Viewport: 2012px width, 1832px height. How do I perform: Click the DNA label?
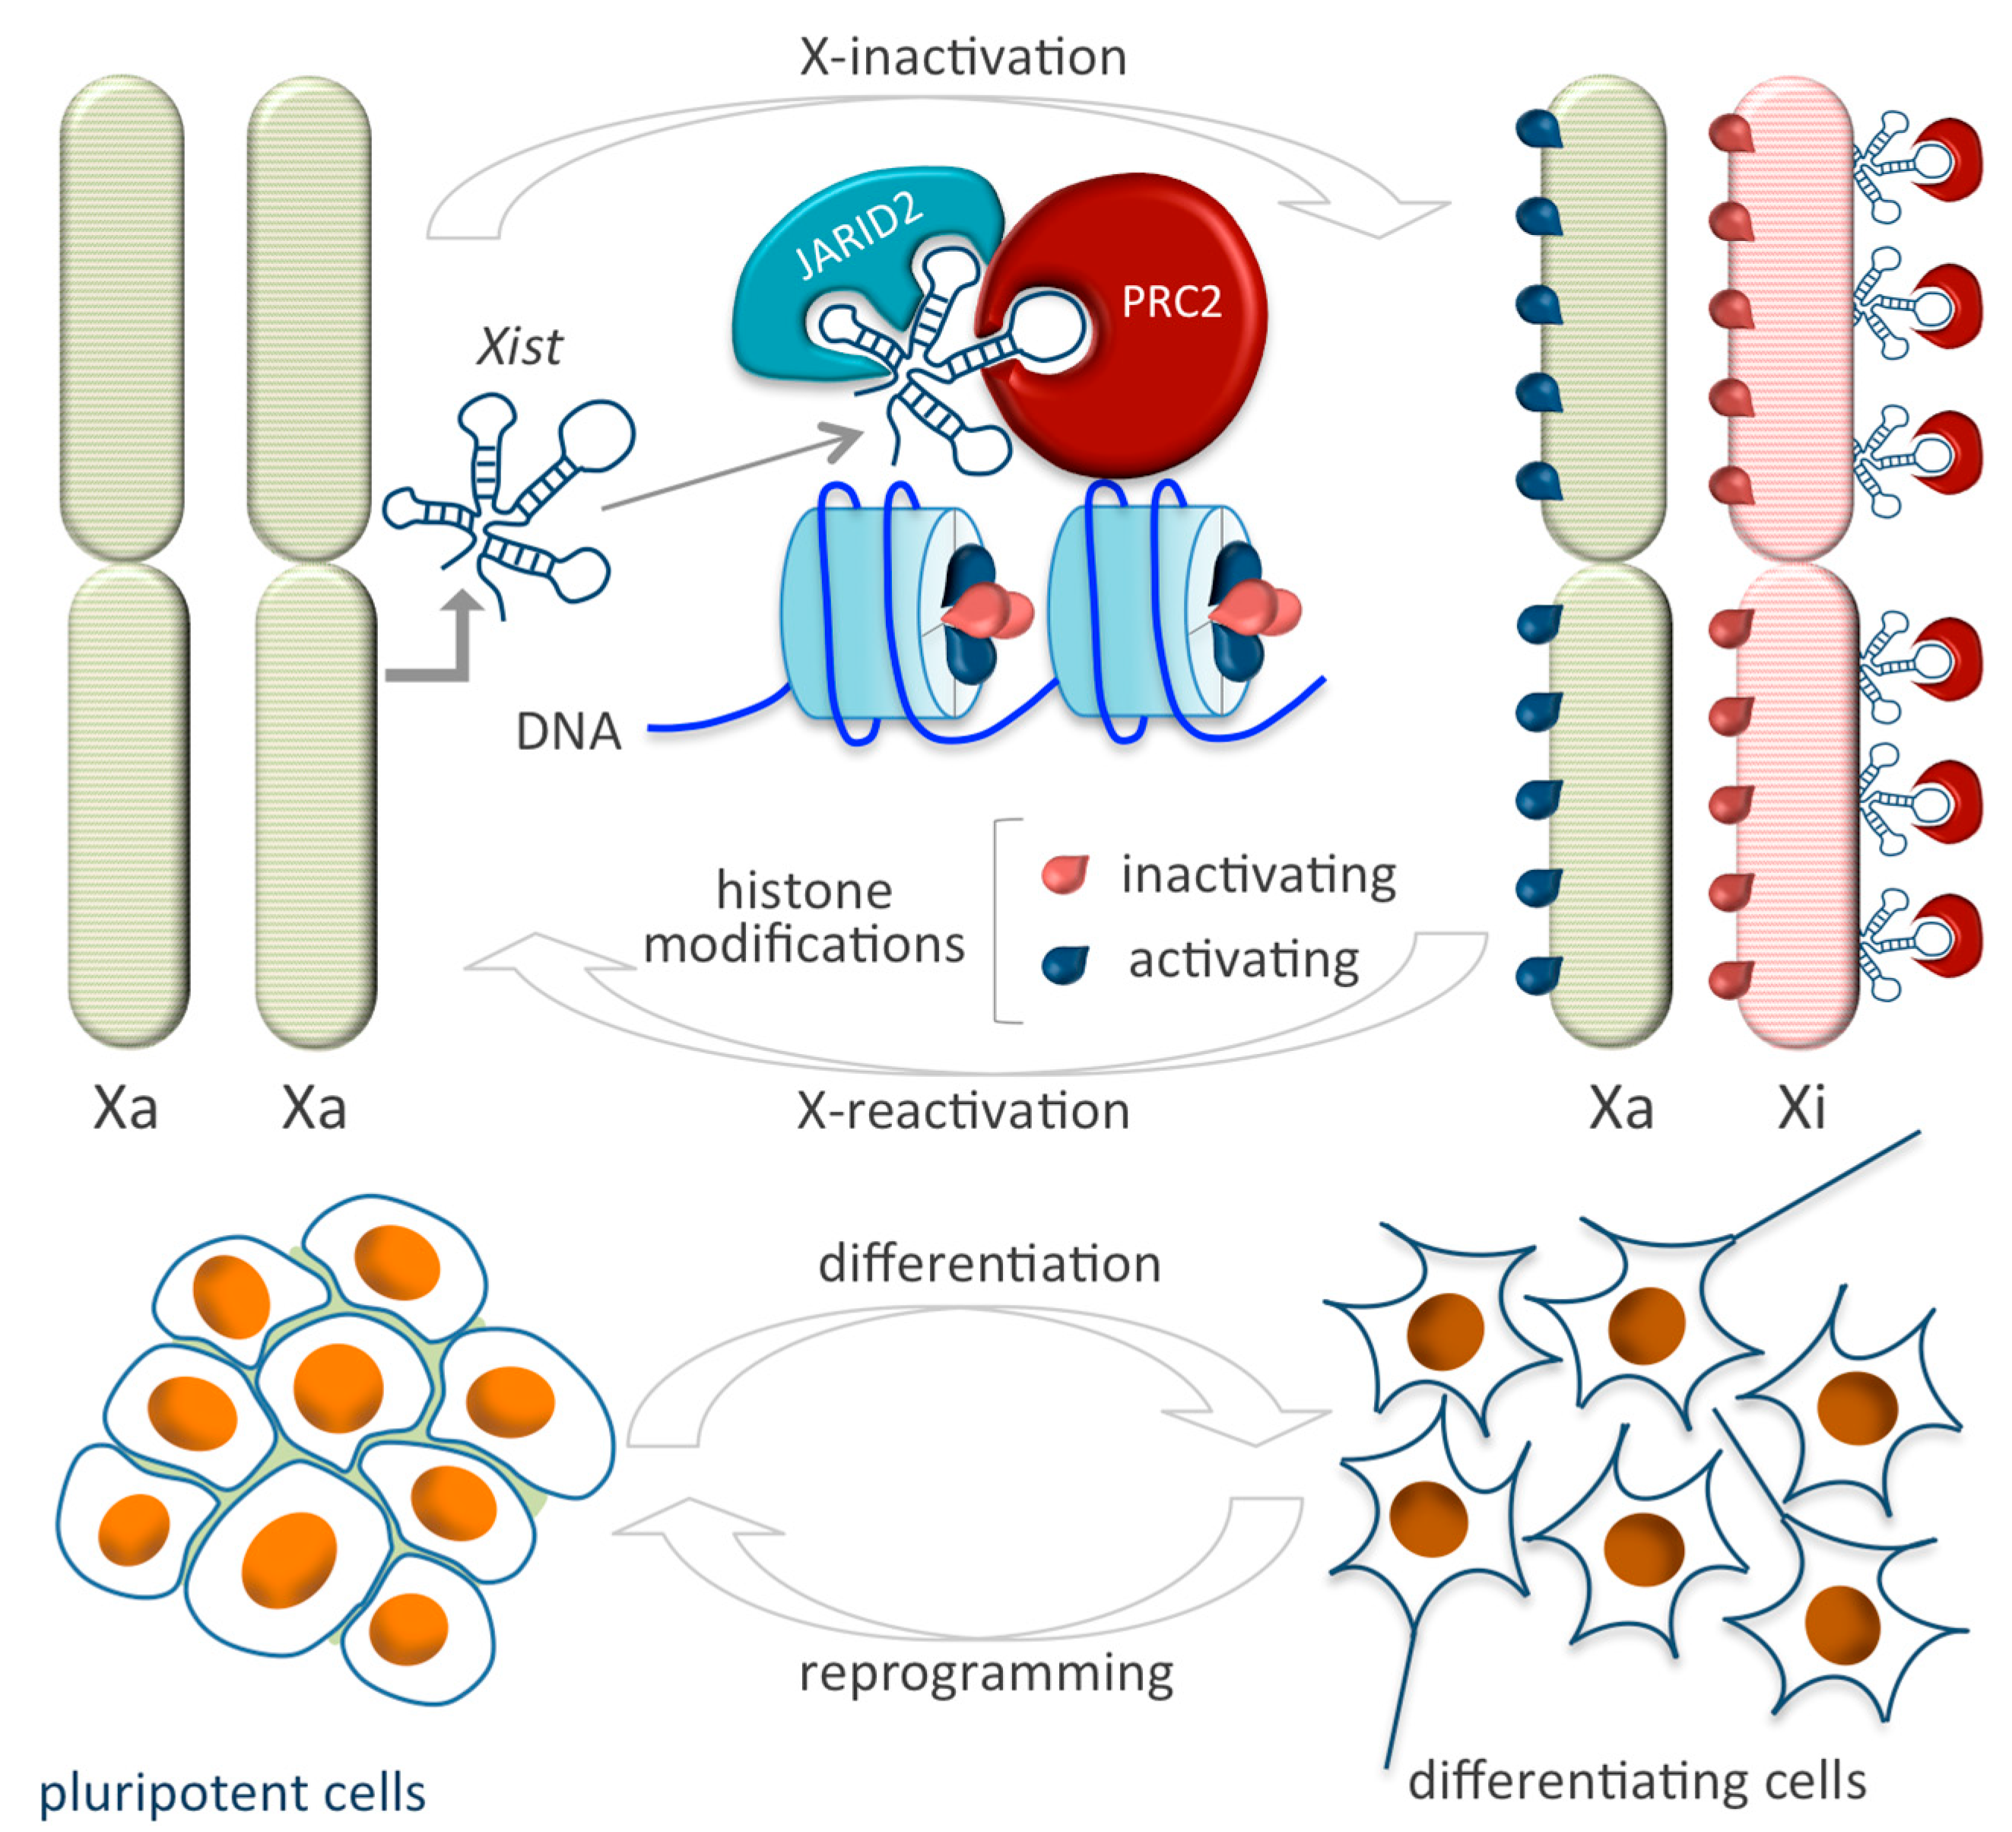568,731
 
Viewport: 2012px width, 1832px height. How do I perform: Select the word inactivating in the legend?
1258,875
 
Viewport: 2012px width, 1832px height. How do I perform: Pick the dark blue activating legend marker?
1065,964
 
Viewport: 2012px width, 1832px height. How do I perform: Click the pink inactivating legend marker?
1064,875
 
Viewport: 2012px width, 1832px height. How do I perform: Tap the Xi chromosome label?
1801,1107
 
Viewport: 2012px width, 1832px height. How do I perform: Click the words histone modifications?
804,916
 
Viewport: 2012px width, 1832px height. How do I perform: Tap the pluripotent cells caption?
231,1791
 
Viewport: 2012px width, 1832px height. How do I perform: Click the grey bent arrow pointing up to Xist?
440,649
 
